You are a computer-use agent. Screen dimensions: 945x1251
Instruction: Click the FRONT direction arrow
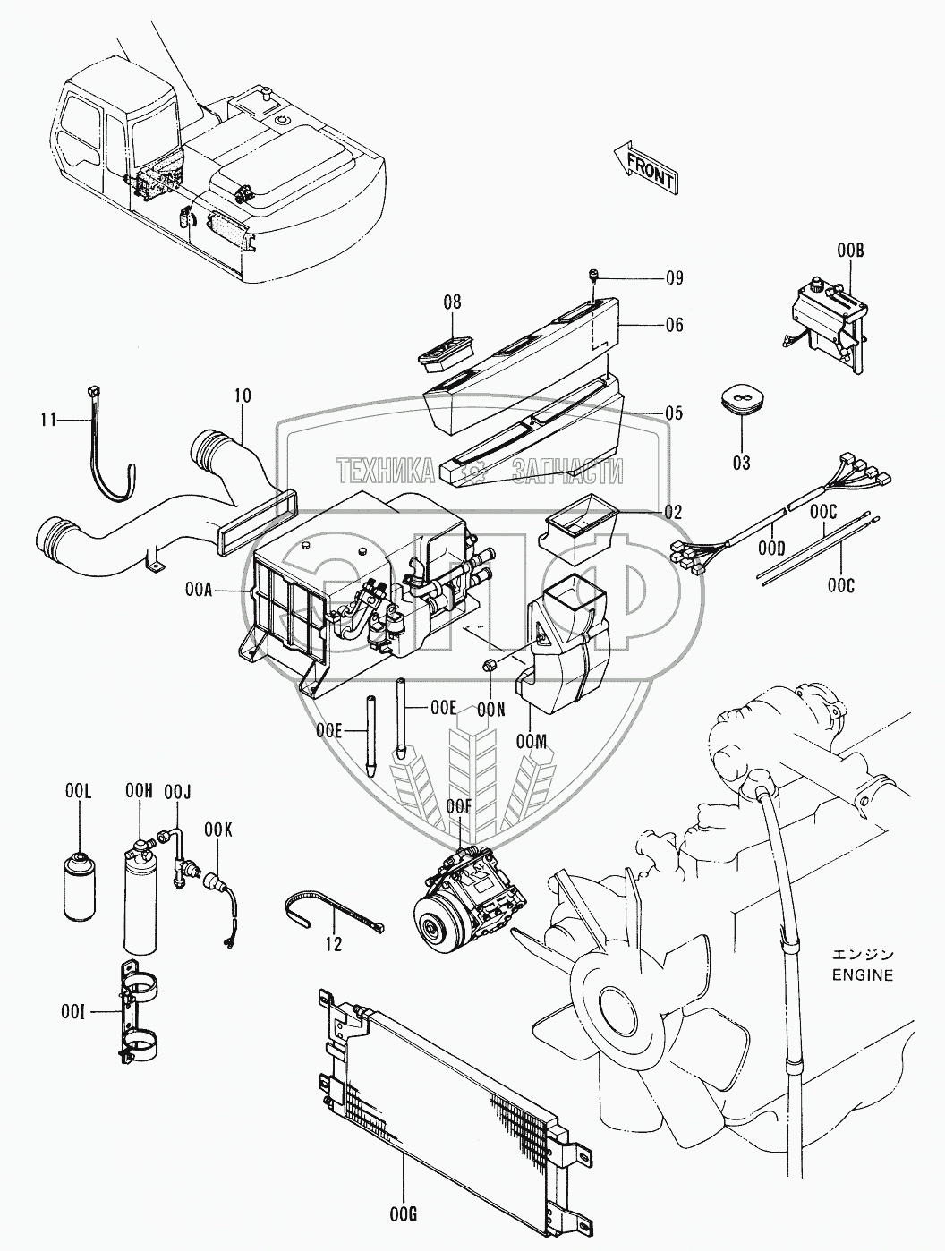pyautogui.click(x=646, y=167)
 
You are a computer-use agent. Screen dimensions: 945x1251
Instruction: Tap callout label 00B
pyautogui.click(x=850, y=250)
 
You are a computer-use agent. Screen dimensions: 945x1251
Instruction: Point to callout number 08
pyautogui.click(x=453, y=302)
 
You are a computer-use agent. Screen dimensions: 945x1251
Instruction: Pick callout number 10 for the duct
pyautogui.click(x=243, y=396)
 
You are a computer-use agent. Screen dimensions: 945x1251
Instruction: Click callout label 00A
pyautogui.click(x=199, y=590)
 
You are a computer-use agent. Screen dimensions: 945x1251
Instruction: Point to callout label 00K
pyautogui.click(x=217, y=830)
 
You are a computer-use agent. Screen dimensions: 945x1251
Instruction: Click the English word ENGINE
pyautogui.click(x=862, y=975)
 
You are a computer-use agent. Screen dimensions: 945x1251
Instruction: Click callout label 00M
pyautogui.click(x=532, y=741)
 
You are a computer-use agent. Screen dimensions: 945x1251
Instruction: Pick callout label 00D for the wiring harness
pyautogui.click(x=771, y=549)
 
